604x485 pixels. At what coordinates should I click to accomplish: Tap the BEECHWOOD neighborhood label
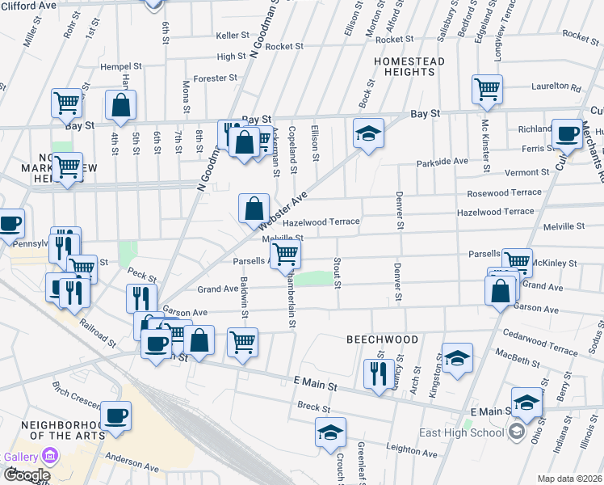[x=382, y=339]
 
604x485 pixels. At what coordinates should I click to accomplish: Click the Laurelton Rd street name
[x=556, y=87]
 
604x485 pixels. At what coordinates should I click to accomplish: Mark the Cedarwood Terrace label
[x=541, y=339]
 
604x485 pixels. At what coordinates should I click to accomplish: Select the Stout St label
[x=338, y=274]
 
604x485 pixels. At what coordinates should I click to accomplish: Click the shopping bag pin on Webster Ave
[x=254, y=208]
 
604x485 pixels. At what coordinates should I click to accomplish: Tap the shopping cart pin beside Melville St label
[x=285, y=254]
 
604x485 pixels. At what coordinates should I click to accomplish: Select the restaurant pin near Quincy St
[x=379, y=373]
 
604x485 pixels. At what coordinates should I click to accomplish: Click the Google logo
[x=26, y=475]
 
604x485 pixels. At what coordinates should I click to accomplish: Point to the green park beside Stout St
[x=313, y=279]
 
